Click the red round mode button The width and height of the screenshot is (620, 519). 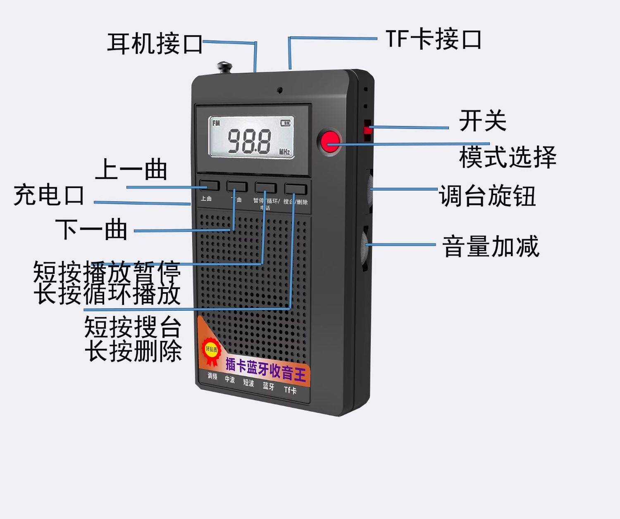pos(330,142)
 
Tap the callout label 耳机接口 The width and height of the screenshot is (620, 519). pos(155,43)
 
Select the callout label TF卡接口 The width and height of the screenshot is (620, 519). pos(433,40)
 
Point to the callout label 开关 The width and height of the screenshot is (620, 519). pos(482,121)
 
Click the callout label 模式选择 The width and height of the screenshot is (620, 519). pos(508,157)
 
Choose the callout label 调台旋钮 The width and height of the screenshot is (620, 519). pos(487,196)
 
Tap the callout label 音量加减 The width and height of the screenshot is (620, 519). pos(491,247)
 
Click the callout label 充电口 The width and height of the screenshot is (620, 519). pos(49,195)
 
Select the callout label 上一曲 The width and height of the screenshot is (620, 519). pos(131,170)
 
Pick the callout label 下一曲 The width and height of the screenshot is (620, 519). pos(91,230)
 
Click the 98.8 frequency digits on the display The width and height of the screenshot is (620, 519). pos(249,141)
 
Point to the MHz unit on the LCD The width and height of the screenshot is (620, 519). pos(284,152)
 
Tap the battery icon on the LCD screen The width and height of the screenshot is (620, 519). pos(286,123)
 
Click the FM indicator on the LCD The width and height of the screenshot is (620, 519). pos(216,123)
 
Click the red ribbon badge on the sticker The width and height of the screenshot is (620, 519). pos(212,352)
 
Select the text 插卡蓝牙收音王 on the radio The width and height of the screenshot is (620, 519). pos(265,369)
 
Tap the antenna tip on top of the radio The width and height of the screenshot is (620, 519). pos(224,66)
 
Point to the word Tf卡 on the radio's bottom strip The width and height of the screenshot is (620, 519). pos(290,390)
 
